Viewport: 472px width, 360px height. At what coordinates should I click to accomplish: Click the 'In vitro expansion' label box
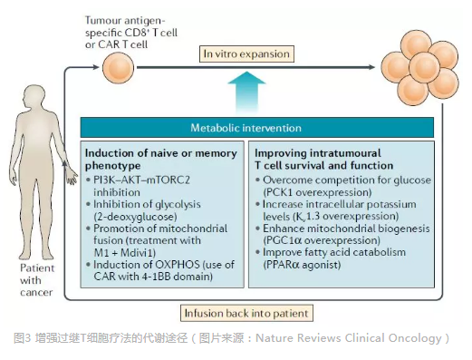[x=246, y=54]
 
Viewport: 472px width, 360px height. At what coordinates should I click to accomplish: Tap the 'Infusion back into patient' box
[x=246, y=313]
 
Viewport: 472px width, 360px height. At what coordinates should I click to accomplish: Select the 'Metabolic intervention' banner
[x=257, y=128]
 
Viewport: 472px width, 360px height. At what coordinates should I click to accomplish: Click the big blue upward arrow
[x=246, y=92]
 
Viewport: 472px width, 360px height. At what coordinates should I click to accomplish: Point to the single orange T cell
[x=118, y=67]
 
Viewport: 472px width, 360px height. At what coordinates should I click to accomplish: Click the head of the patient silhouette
[x=35, y=95]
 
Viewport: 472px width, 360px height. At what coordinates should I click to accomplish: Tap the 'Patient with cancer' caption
[x=37, y=280]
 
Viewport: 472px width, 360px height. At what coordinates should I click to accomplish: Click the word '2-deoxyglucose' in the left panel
[x=135, y=217]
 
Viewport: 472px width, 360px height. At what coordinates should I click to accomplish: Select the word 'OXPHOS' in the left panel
[x=178, y=265]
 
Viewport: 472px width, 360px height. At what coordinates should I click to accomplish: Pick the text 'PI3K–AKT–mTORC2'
[x=141, y=180]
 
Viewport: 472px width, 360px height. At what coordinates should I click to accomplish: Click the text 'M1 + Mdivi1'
[x=124, y=252]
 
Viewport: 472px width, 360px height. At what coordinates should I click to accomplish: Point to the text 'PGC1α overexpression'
[x=322, y=240]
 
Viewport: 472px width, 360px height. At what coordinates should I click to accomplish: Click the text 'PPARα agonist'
[x=302, y=265]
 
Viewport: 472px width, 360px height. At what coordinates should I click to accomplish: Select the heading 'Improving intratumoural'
[x=318, y=153]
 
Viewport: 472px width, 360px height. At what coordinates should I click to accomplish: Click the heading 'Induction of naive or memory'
[x=161, y=153]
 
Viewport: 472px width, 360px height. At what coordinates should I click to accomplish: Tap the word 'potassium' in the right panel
[x=391, y=204]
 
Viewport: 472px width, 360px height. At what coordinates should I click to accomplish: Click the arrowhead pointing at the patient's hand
[x=64, y=163]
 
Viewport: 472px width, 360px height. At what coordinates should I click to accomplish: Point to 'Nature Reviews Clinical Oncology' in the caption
[x=349, y=338]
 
